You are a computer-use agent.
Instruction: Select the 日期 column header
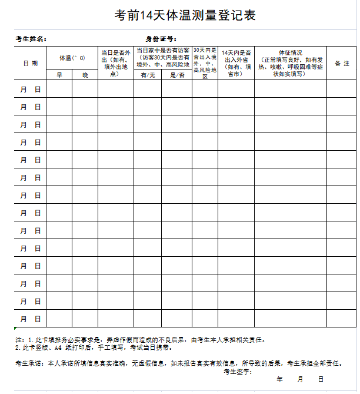tap(30, 63)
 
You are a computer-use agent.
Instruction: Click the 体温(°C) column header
tap(72, 58)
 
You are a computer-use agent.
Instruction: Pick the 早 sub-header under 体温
tap(59, 75)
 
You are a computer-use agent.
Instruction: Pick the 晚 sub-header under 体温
tap(85, 75)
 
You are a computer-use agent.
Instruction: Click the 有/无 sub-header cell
tap(147, 75)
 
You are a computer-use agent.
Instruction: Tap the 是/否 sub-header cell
tap(176, 75)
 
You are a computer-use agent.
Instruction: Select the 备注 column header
tap(342, 63)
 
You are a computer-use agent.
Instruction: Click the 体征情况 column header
tap(291, 63)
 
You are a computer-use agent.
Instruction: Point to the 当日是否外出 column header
tap(115, 63)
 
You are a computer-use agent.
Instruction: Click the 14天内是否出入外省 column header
tap(236, 63)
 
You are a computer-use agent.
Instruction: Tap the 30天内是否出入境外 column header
tap(205, 63)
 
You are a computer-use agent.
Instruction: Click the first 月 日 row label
tap(30, 90)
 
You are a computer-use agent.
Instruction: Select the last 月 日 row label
tap(30, 319)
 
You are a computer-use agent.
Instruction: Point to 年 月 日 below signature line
tap(300, 380)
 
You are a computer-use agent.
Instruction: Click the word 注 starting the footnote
tap(20, 340)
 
